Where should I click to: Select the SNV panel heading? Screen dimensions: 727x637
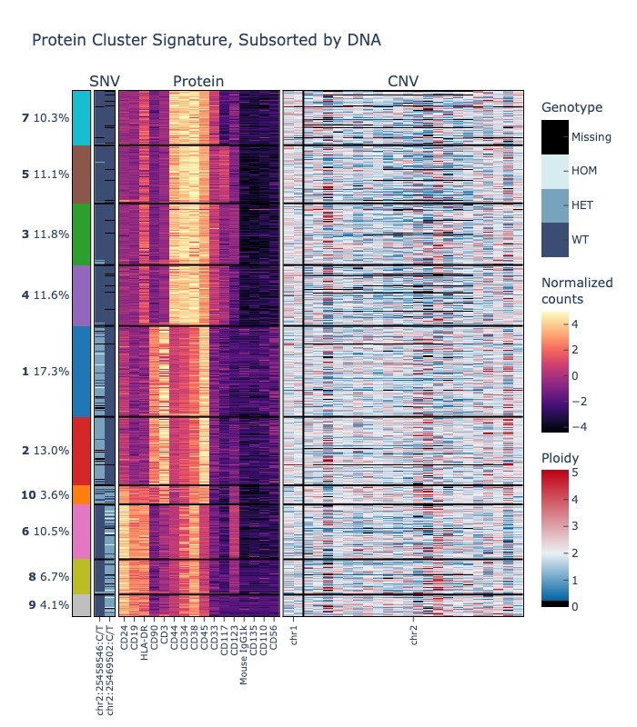tap(105, 82)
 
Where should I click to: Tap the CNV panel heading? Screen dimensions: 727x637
tap(403, 82)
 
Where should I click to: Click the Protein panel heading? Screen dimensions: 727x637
tap(198, 82)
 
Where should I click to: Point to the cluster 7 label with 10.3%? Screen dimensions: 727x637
tap(45, 118)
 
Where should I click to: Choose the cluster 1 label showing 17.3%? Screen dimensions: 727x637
tap(45, 372)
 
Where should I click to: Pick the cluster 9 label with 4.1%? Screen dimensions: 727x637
tap(45, 605)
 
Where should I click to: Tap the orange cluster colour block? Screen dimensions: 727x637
tap(82, 495)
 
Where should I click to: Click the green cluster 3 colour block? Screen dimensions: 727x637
tap(82, 234)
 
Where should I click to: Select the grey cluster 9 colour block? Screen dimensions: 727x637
tap(82, 605)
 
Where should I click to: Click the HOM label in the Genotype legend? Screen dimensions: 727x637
tap(582, 171)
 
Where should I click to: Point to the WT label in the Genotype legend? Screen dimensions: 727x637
tap(580, 240)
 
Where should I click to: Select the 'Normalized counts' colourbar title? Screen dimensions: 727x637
tap(577, 291)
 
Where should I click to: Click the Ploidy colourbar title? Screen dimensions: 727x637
tap(560, 457)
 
